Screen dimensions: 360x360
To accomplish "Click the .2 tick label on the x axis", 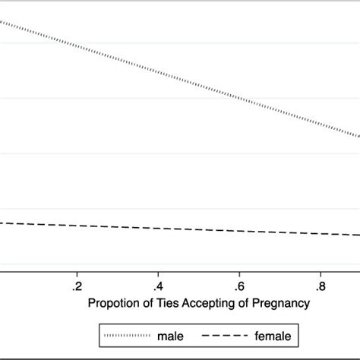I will (77, 287).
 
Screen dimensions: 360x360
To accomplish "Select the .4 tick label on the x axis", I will (158, 287).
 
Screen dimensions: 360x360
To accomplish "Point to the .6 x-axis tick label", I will (239, 287).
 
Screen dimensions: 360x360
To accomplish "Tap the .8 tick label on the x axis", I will (321, 287).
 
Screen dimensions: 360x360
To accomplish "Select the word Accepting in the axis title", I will (203, 305).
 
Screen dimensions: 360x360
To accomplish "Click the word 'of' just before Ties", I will (145, 305).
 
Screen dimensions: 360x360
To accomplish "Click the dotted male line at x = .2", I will (77, 46).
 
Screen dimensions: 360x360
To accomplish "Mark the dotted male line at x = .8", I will (321, 125).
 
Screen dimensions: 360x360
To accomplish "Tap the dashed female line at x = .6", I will (239, 230).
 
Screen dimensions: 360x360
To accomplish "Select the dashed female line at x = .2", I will (77, 225).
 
